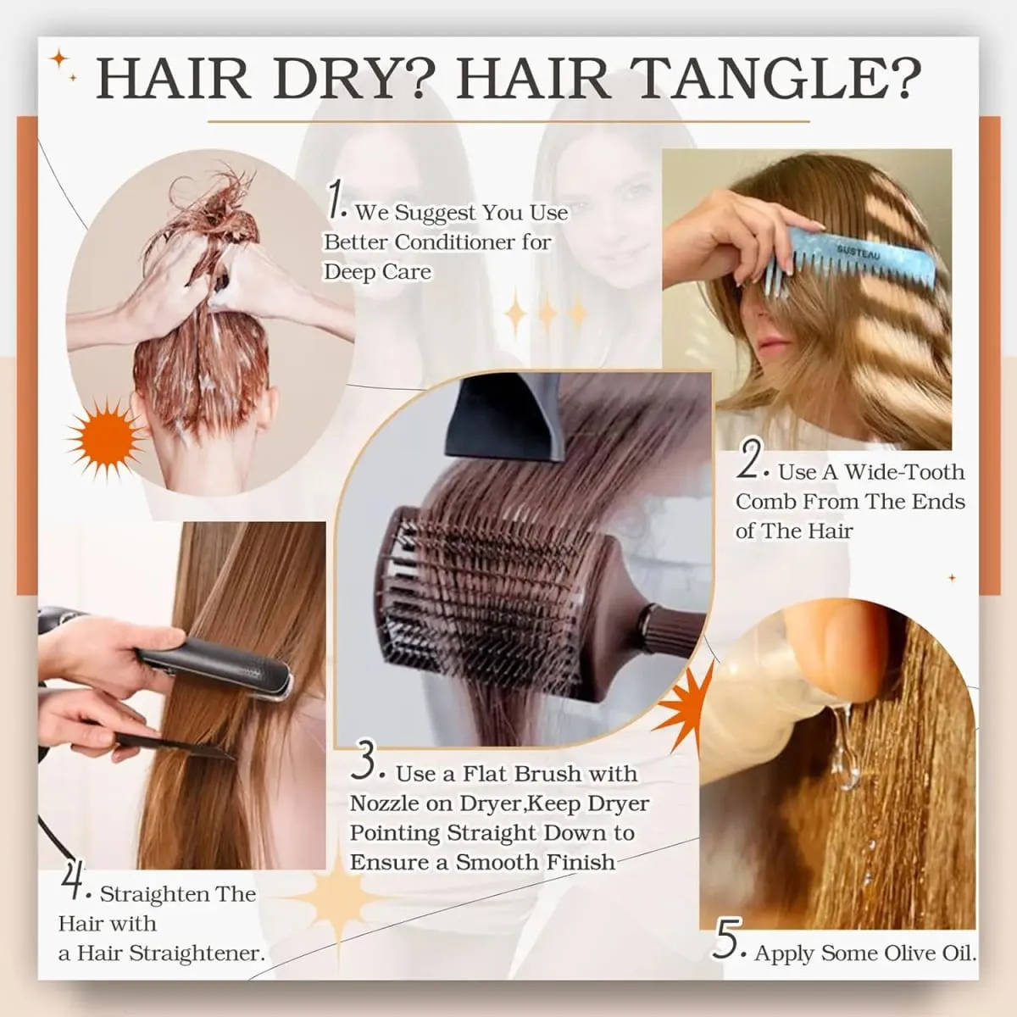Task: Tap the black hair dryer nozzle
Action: [x=503, y=417]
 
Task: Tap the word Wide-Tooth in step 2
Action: [x=904, y=472]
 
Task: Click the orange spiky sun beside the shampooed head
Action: [x=106, y=438]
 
